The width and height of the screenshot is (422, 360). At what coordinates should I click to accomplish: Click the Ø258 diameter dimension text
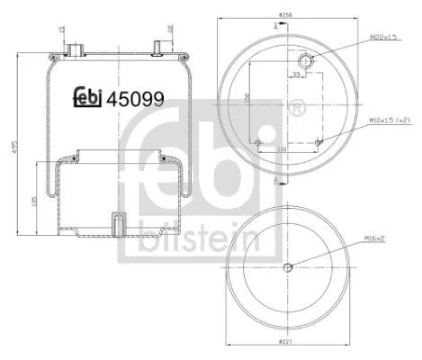coord(286,15)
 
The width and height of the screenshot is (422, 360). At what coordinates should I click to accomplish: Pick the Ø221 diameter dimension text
coord(286,343)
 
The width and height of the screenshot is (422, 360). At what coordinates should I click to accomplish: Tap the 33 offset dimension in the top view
coord(296,76)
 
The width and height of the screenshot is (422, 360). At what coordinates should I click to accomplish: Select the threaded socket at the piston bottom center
coord(116,222)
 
